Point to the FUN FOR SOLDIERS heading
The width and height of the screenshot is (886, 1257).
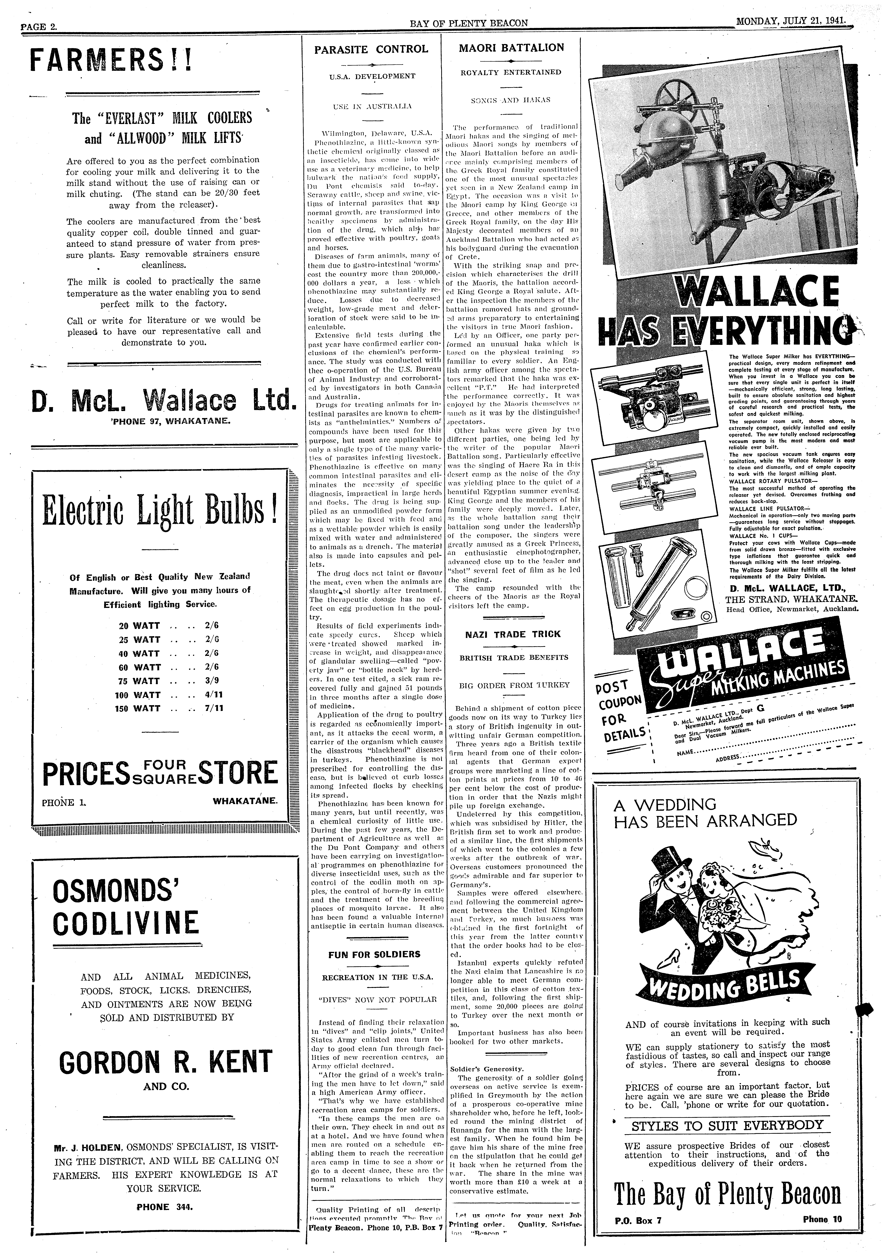[374, 954]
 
